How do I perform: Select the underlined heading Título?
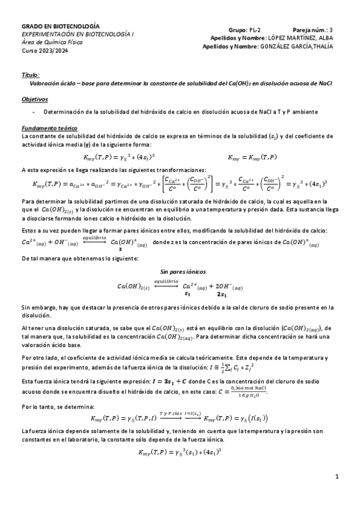point(31,76)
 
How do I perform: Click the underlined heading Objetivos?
point(34,99)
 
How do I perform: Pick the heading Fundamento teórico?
point(49,127)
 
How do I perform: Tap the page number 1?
point(337,476)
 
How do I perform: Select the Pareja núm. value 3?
point(331,28)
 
